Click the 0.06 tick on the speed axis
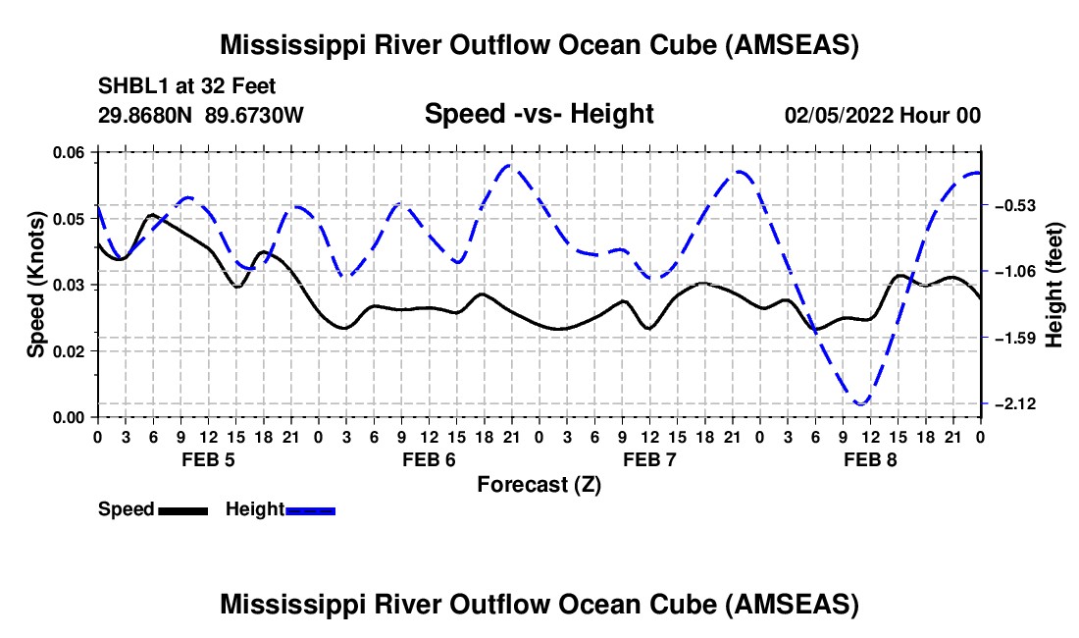pos(75,152)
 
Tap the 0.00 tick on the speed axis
pos(75,417)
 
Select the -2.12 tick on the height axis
pos(1015,403)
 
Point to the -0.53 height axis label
pos(1015,205)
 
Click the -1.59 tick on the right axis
pos(1015,338)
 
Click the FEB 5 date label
pos(209,459)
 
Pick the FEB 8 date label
pos(870,459)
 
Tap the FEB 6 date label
pos(429,459)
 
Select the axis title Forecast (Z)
pos(539,485)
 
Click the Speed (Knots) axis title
pos(35,285)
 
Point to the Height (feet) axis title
pos(1053,285)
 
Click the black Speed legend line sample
pos(183,510)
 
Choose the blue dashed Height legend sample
pos(310,510)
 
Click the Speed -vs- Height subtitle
pos(539,114)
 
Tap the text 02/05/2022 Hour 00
pos(883,115)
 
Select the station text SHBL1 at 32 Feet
pos(186,86)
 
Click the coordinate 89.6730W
pos(254,115)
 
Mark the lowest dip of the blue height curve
pos(860,403)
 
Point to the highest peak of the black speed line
pos(152,215)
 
